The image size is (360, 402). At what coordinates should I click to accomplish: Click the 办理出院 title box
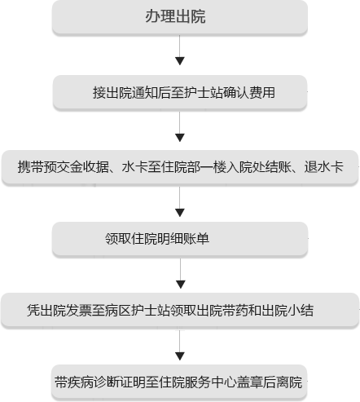pos(179,18)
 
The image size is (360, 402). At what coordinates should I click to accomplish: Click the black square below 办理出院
pos(180,60)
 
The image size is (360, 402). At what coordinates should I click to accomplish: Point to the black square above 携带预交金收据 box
pos(180,135)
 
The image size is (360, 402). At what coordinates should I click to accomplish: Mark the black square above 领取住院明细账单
pos(180,207)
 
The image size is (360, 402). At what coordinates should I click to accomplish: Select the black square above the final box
pos(180,355)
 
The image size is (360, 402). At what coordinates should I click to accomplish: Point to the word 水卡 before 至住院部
pos(136,166)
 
